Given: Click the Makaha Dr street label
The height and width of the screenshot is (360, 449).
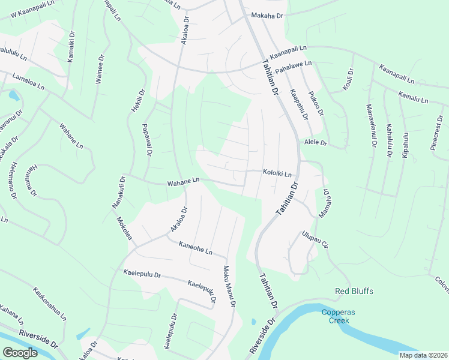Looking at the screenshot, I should (x=267, y=15).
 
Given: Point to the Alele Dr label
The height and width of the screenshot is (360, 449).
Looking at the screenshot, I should (x=315, y=143).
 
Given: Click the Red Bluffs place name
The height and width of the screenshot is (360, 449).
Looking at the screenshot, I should (x=354, y=292).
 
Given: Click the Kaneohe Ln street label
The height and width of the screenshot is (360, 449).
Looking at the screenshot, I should (x=196, y=248).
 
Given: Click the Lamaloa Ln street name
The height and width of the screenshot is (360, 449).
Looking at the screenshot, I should (x=28, y=82).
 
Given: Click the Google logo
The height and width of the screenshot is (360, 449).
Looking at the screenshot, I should (x=20, y=353).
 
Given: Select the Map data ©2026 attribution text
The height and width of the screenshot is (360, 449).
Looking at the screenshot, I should (x=423, y=355).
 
